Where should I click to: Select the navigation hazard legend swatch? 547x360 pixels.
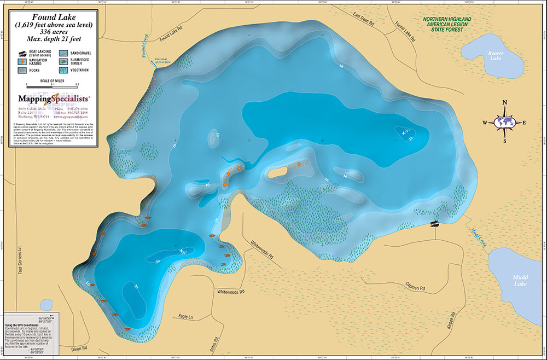[x=22, y=62]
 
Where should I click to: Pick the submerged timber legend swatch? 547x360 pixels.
[x=61, y=62]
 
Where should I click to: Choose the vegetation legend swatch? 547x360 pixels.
[x=61, y=71]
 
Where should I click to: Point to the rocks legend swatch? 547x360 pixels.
[x=22, y=71]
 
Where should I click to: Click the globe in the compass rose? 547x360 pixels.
[x=504, y=123]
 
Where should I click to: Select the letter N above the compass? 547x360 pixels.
[x=504, y=103]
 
